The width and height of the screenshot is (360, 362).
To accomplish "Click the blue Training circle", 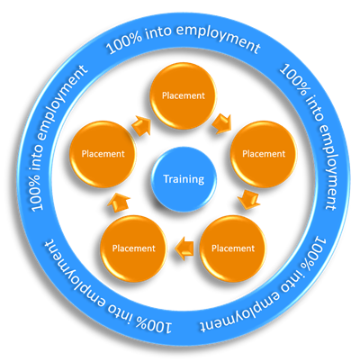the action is (x=184, y=179).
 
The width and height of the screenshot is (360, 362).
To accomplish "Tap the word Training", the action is (x=184, y=179).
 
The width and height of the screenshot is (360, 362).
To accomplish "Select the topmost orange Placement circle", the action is (x=183, y=95).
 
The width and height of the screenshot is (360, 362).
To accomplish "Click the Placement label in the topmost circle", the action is (x=184, y=95).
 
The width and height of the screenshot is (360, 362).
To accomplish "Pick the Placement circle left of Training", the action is (x=103, y=154).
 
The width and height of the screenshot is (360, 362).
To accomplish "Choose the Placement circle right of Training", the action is (x=264, y=154).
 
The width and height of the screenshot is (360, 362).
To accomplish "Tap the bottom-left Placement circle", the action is (x=133, y=249).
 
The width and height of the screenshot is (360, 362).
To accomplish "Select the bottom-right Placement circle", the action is (x=233, y=249).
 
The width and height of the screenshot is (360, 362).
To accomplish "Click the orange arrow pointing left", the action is (x=184, y=249).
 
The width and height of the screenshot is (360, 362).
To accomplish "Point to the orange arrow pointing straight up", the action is (x=119, y=203).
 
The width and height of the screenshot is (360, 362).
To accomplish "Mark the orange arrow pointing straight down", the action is (x=248, y=199).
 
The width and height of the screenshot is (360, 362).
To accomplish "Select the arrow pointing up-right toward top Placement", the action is (x=142, y=125).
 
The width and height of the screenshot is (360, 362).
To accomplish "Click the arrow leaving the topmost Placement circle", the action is (x=222, y=123).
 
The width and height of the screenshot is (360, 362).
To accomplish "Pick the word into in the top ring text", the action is (x=157, y=32).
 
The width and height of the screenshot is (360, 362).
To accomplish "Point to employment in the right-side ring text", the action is (x=328, y=167).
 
